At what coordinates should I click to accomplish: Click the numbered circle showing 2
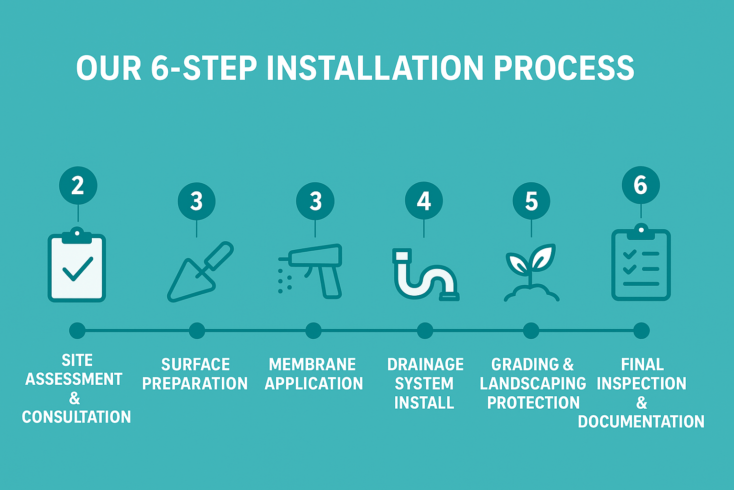click(78, 186)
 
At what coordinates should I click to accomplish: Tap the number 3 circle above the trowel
click(196, 201)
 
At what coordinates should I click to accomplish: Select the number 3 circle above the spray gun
click(315, 201)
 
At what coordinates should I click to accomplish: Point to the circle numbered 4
click(424, 200)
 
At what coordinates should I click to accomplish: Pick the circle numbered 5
click(531, 201)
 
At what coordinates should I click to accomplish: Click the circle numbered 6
click(641, 185)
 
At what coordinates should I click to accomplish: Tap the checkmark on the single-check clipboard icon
click(78, 269)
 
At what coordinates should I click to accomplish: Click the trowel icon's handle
click(218, 256)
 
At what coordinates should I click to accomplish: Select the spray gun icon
click(310, 271)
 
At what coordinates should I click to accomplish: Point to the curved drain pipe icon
click(426, 275)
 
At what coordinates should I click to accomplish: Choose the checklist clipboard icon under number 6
click(641, 262)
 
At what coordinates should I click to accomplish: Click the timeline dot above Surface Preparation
click(197, 331)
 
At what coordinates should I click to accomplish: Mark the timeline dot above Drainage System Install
click(425, 331)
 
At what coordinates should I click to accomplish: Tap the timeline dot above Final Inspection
click(641, 331)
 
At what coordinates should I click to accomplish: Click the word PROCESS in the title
click(564, 68)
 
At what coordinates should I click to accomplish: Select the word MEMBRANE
click(312, 364)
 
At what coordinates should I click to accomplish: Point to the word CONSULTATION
click(76, 417)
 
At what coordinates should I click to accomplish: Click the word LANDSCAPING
click(533, 383)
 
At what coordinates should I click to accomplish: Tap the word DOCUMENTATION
click(641, 422)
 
